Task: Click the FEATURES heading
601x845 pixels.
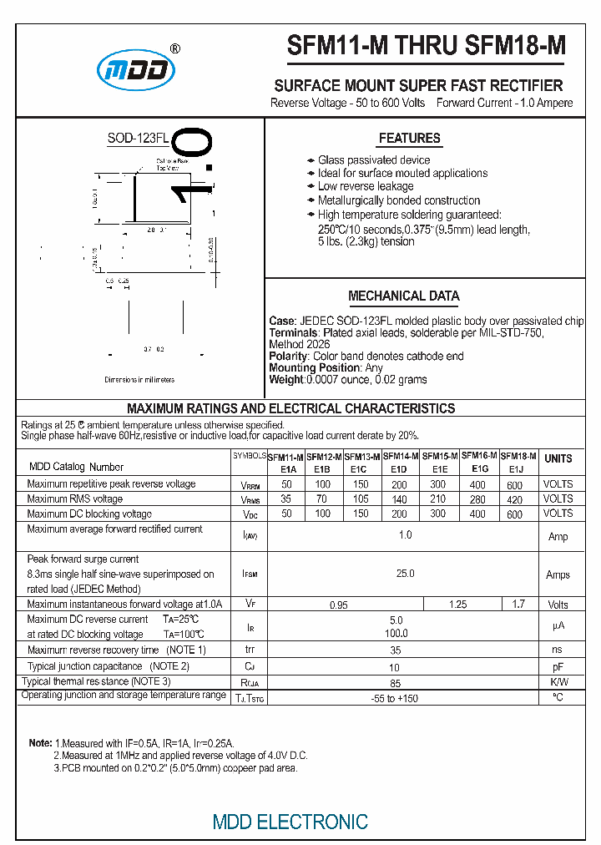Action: coord(409,139)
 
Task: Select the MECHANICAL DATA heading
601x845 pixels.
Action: coord(403,296)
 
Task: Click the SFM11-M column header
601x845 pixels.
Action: coord(285,457)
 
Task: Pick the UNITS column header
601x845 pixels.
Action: coord(558,458)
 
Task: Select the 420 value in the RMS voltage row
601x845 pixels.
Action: coord(515,499)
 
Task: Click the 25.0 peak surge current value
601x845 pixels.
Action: coord(405,574)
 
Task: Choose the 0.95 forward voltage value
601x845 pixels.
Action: coord(338,605)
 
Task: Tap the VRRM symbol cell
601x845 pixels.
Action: coord(250,485)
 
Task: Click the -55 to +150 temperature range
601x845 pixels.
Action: coord(395,698)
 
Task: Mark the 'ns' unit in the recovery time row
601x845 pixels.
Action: coord(558,650)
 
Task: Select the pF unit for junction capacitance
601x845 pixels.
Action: coord(558,668)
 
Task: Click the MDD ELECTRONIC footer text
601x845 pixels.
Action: coord(290,822)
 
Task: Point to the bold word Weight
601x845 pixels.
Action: coord(286,380)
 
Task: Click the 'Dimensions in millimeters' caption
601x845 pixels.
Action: coord(139,380)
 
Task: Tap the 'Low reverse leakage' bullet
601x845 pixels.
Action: coord(365,187)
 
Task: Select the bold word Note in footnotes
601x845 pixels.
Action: coord(40,743)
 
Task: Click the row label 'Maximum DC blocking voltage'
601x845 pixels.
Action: coord(89,514)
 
